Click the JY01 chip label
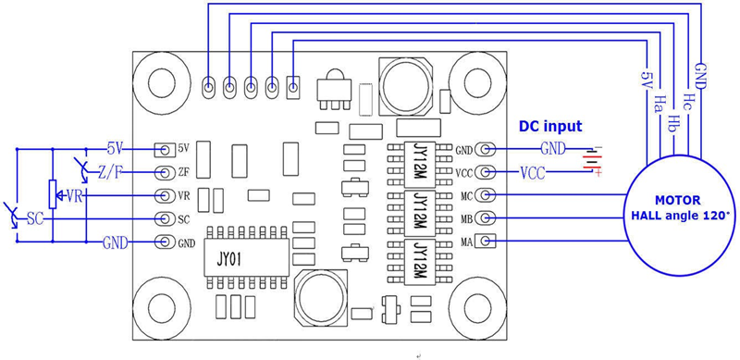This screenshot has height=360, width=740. (228, 260)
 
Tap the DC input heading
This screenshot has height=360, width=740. (550, 127)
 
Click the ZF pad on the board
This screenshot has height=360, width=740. (165, 172)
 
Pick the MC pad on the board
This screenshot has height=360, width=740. (485, 194)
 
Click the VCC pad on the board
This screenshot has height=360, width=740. (485, 172)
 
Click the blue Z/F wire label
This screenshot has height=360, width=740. (109, 172)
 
